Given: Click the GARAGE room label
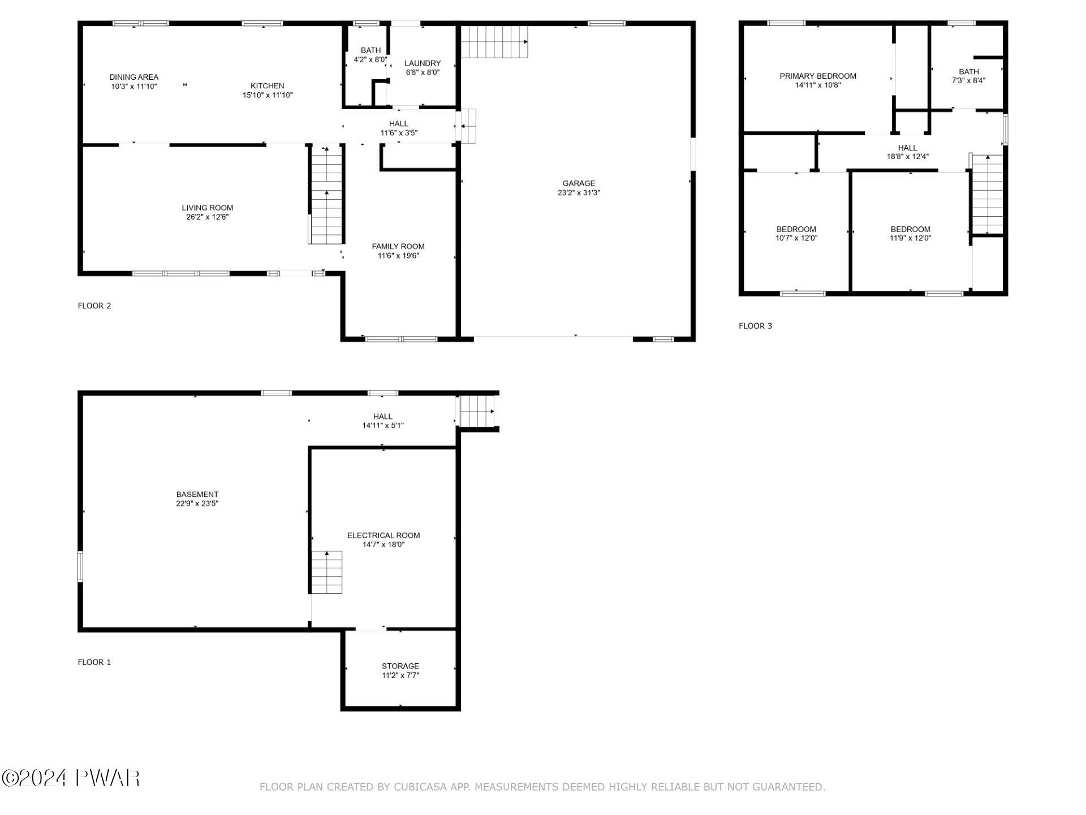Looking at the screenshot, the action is [x=579, y=183].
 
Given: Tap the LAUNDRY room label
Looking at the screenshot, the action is [x=423, y=63].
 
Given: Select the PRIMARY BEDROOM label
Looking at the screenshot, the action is [x=818, y=76].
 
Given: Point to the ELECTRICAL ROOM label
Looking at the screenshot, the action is [x=383, y=535].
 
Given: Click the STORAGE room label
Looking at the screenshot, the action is [x=400, y=666].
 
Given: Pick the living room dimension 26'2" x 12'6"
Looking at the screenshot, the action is [x=208, y=217].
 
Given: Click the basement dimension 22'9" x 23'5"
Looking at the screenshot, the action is [x=197, y=503].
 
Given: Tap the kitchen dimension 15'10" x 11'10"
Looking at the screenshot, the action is [x=268, y=95].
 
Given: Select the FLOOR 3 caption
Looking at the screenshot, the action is [x=755, y=326].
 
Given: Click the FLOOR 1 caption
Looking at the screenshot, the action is [x=94, y=662].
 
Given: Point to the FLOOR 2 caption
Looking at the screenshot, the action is [x=94, y=306].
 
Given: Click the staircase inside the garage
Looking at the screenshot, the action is [x=494, y=41].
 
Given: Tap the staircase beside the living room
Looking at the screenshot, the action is [x=326, y=194].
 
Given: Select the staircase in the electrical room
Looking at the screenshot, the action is [x=326, y=572].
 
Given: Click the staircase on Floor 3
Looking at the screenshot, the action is [x=987, y=194].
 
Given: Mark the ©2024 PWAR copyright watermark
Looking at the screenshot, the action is [x=71, y=778].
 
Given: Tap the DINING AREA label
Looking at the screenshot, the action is [x=134, y=77].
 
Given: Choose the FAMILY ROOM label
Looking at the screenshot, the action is [x=398, y=246].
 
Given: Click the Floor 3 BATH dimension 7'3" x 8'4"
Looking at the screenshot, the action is [x=968, y=80].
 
